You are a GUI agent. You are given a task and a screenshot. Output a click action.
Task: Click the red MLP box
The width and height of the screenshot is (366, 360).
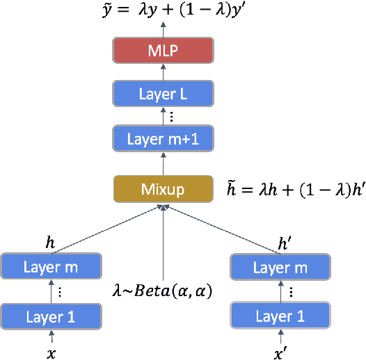162,51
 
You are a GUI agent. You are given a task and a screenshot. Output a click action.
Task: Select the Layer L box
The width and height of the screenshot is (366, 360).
162,95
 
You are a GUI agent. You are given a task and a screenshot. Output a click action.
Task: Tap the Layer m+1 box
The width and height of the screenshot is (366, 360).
162,140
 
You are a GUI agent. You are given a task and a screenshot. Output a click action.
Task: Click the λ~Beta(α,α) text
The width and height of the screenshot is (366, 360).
164,291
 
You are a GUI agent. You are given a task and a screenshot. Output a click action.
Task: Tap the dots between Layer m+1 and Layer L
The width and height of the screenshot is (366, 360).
162,117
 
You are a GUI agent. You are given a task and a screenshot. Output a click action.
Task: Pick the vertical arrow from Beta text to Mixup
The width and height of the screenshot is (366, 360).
162,240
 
